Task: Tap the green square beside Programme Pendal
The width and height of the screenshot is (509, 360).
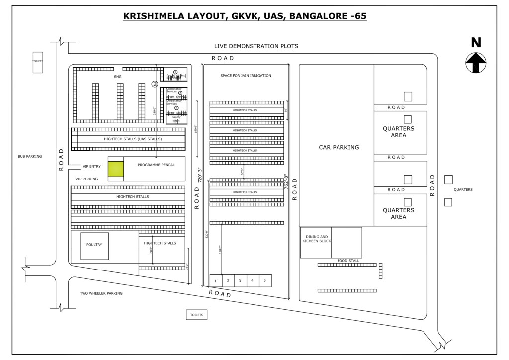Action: (x=116, y=169)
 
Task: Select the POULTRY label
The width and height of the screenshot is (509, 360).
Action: (x=94, y=244)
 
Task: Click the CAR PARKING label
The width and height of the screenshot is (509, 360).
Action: (x=339, y=147)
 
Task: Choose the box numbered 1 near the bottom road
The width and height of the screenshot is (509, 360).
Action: (x=215, y=281)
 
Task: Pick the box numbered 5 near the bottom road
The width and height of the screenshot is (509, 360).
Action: (x=264, y=281)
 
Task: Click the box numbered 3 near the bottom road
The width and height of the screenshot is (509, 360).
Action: (x=240, y=281)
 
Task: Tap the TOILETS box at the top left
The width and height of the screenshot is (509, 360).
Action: (x=38, y=62)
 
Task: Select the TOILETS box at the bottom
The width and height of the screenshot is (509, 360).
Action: (x=197, y=315)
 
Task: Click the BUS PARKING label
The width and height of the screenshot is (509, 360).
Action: (x=30, y=156)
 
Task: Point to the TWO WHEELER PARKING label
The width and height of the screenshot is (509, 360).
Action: (x=101, y=293)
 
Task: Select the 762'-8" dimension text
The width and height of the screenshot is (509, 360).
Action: (x=286, y=181)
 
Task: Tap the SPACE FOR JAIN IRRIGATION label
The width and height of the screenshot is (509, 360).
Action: (x=246, y=76)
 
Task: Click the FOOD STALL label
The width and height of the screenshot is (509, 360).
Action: (x=348, y=260)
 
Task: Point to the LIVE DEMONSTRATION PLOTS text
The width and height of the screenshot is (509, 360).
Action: (x=256, y=46)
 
